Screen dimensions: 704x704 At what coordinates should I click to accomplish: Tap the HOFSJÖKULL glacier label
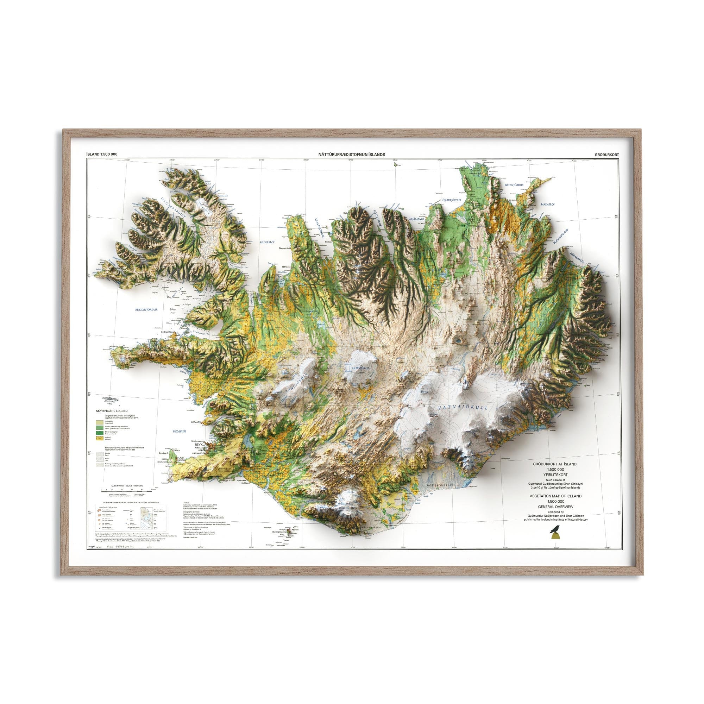click(x=362, y=369)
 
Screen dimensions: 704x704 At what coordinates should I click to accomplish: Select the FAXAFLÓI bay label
click(x=179, y=431)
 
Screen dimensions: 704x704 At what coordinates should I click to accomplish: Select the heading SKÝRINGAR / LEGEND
click(x=112, y=411)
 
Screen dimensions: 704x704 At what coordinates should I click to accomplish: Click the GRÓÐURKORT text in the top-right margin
click(x=606, y=155)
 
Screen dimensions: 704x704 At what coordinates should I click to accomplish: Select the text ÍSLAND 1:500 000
click(x=102, y=155)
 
